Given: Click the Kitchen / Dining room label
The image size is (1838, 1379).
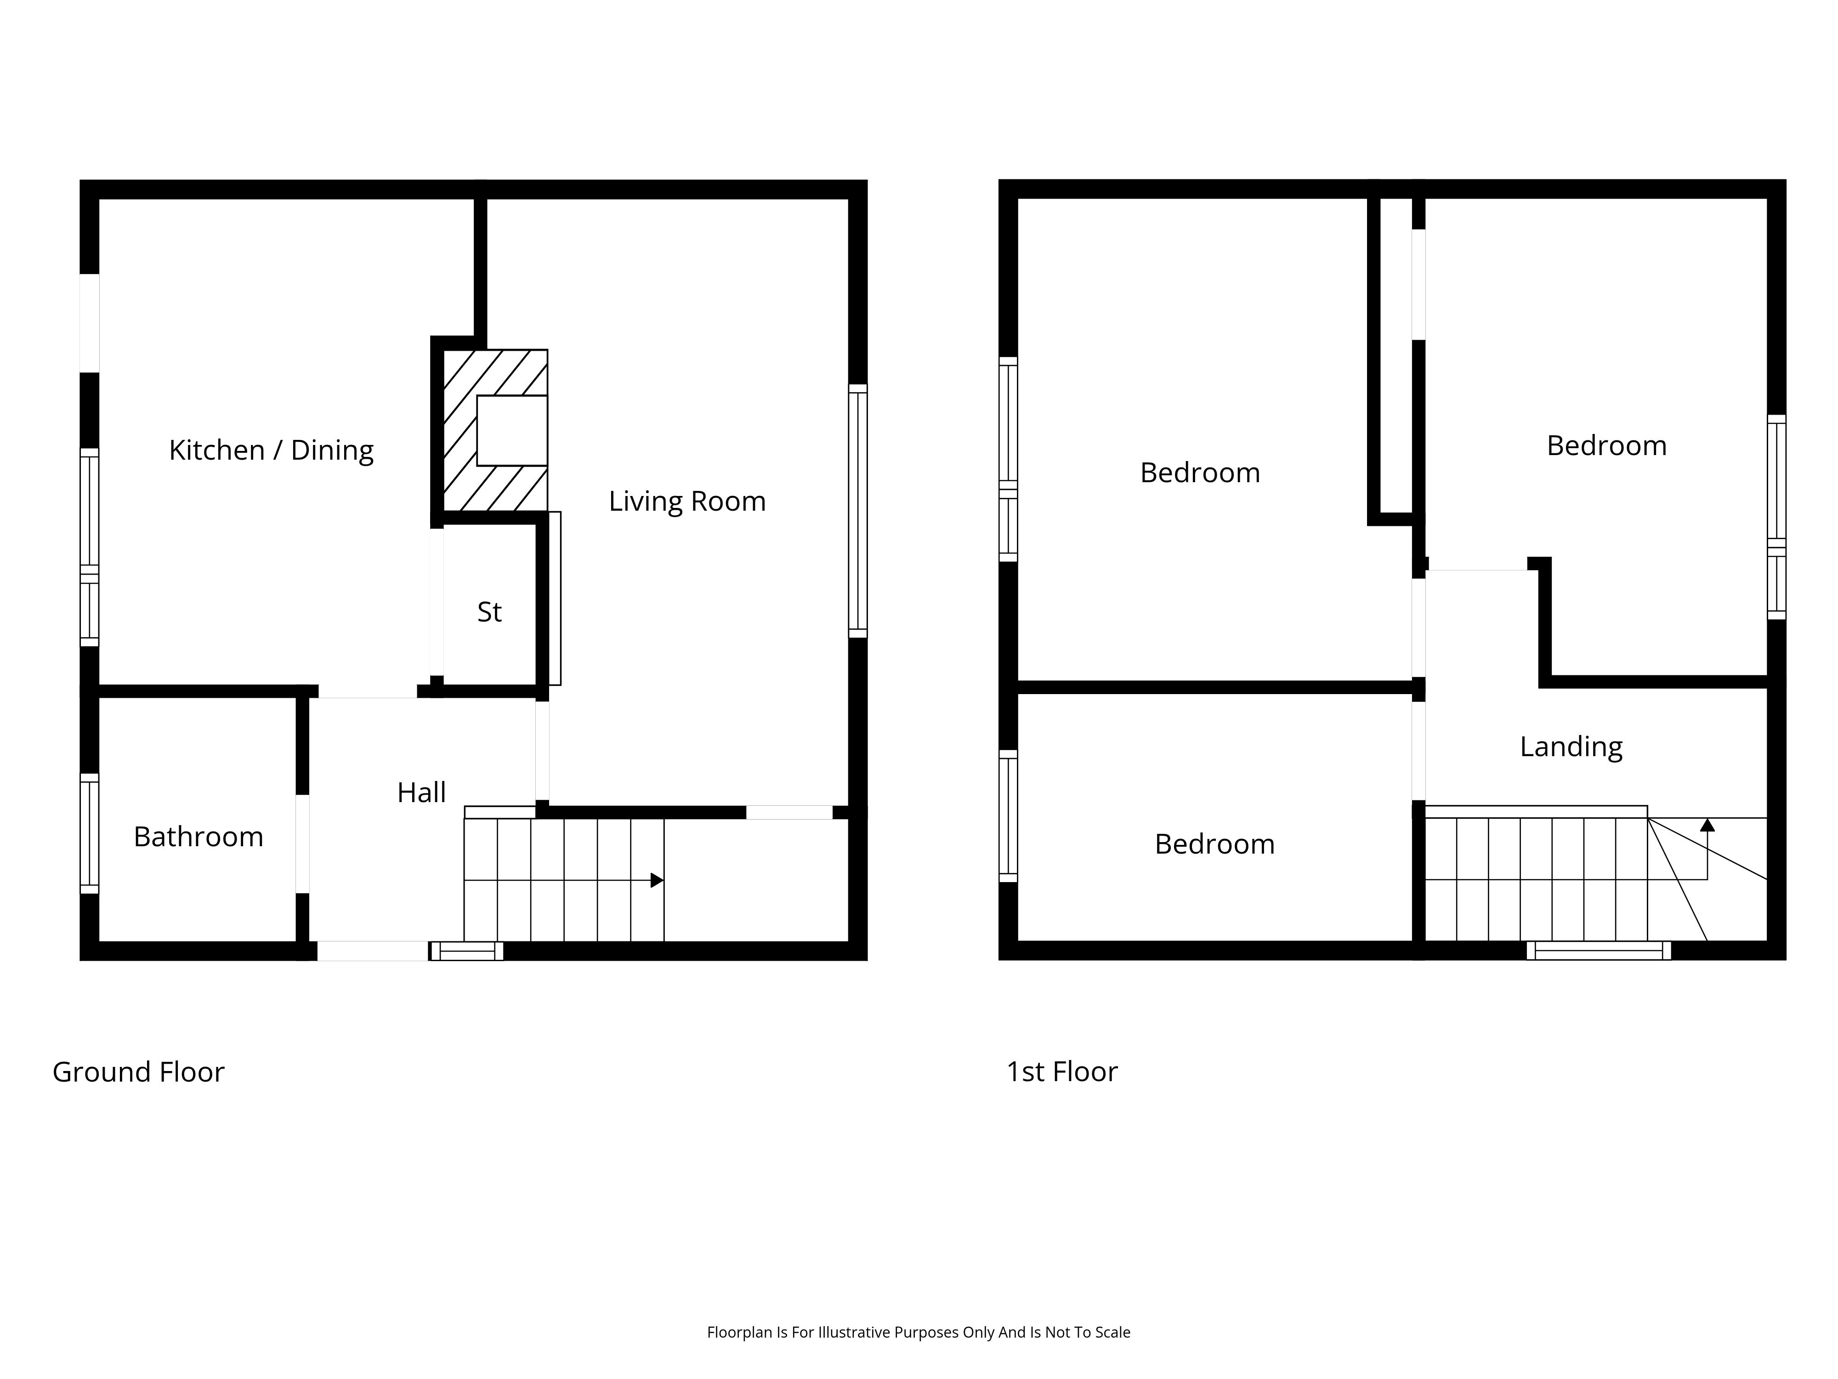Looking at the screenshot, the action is (x=271, y=450).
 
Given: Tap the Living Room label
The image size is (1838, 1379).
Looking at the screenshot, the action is (x=687, y=501).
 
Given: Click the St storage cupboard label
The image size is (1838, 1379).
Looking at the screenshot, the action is (x=489, y=612).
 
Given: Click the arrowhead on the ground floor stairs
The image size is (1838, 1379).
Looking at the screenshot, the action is (x=657, y=879).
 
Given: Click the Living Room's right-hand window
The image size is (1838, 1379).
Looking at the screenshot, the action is (x=857, y=511).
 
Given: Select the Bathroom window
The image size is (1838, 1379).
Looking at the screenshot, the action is (x=89, y=834).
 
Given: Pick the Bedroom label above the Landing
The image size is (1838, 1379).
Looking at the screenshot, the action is (x=1606, y=445).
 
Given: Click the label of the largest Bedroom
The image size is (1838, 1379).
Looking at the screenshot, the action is (x=1200, y=473).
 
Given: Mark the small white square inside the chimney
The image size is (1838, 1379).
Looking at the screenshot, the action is (x=512, y=431).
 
